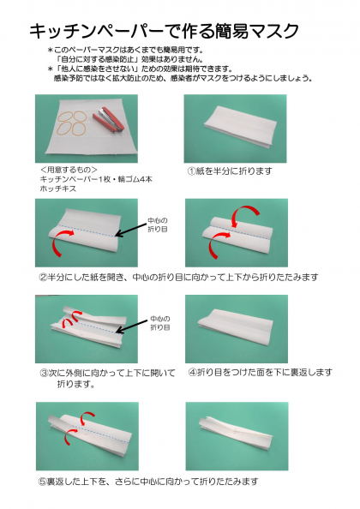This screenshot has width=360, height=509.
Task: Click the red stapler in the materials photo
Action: [106, 120]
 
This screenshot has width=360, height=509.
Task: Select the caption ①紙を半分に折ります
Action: [230, 171]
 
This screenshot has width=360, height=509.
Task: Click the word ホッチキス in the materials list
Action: [57, 189]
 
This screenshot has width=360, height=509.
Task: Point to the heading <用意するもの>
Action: [69, 170]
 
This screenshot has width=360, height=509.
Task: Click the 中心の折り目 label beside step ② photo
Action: [158, 225]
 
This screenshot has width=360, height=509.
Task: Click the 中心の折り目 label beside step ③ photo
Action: [160, 323]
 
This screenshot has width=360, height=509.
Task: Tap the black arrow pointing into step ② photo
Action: [131, 230]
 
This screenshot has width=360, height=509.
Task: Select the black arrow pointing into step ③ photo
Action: [132, 326]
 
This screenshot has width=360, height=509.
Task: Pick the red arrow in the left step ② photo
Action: [62, 242]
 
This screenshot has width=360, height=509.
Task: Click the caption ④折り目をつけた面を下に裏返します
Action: [261, 373]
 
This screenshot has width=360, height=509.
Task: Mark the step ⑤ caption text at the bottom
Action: [148, 482]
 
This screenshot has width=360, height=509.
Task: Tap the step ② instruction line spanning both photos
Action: [178, 278]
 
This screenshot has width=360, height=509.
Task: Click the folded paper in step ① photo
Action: [241, 128]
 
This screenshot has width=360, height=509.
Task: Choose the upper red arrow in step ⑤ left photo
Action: [87, 418]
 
